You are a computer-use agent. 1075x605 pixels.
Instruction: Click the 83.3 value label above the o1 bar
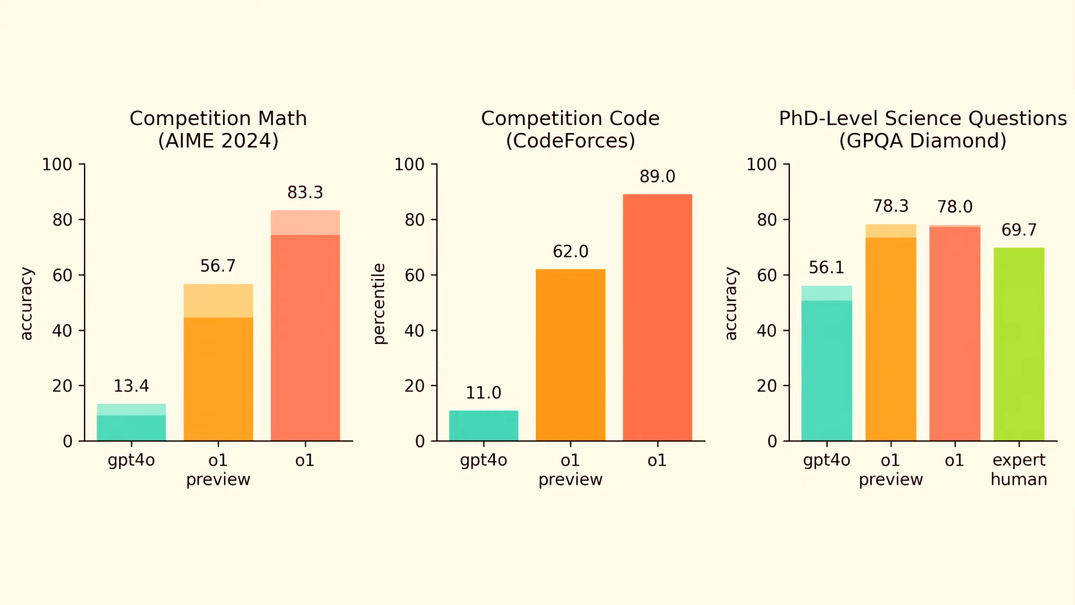click(305, 193)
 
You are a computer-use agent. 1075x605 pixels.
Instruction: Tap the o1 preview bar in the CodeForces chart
click(571, 355)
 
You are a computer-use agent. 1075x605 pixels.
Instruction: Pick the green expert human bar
click(1019, 345)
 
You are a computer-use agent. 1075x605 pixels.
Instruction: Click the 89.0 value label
click(657, 176)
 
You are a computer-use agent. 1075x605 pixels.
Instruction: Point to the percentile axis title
click(379, 304)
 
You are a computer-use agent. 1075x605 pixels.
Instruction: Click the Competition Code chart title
click(570, 118)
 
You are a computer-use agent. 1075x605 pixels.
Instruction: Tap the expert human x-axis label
click(1019, 469)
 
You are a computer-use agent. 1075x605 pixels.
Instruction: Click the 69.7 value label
click(1019, 230)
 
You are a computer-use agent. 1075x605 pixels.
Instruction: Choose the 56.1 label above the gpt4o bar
click(826, 267)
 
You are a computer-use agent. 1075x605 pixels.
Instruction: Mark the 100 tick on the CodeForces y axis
click(409, 164)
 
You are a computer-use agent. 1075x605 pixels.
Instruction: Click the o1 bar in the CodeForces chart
click(657, 318)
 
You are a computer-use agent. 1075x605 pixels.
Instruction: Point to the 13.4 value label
click(132, 386)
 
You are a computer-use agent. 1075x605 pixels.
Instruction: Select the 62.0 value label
click(571, 252)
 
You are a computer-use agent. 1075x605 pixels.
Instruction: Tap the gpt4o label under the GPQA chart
click(826, 460)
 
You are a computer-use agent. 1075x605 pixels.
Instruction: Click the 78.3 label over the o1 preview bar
click(891, 206)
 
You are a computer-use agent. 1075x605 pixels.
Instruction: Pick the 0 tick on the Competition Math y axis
click(68, 441)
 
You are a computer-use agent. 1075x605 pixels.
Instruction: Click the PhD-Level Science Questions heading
click(923, 118)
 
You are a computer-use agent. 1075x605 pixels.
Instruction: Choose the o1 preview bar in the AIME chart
click(218, 362)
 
